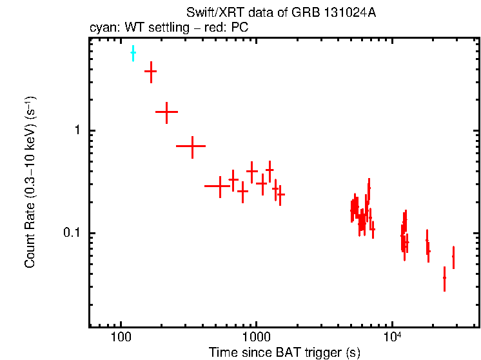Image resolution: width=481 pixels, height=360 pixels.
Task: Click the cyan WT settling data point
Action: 133,53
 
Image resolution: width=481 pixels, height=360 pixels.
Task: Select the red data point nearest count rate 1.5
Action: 166,112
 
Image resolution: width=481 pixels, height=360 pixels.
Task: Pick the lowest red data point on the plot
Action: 444,277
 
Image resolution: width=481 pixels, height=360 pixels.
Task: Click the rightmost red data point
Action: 453,256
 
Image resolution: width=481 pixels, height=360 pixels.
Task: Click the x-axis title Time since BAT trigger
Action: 284,353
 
